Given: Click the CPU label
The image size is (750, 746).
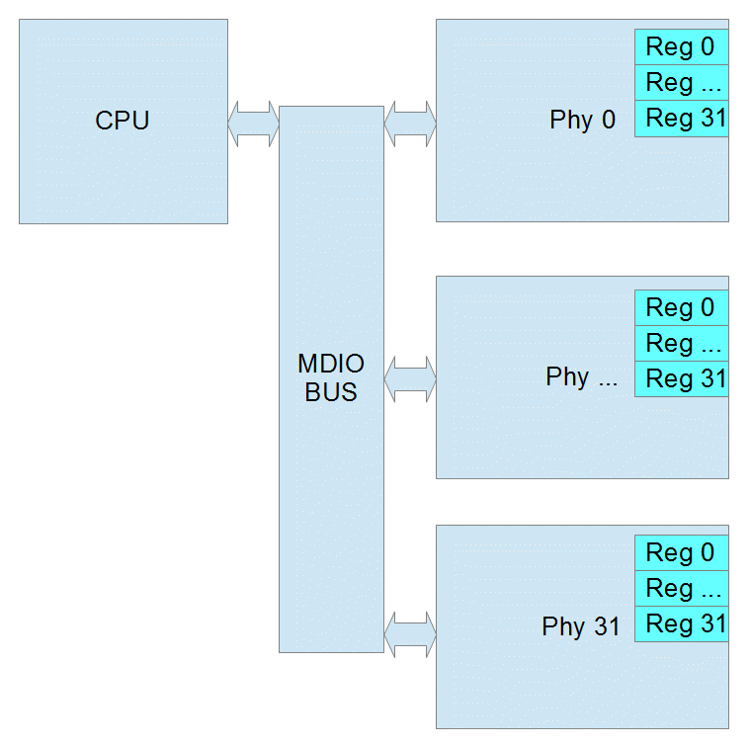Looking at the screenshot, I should pyautogui.click(x=123, y=121).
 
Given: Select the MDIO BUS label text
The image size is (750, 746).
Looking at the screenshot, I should pyautogui.click(x=331, y=377).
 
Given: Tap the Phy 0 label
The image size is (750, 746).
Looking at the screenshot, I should pyautogui.click(x=583, y=121).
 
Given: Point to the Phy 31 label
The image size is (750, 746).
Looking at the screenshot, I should pyautogui.click(x=581, y=627).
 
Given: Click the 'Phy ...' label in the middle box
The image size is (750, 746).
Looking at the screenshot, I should pyautogui.click(x=581, y=377).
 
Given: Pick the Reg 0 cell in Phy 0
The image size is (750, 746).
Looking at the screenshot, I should pyautogui.click(x=681, y=46).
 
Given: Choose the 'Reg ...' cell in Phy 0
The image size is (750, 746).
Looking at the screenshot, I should pyautogui.click(x=681, y=83).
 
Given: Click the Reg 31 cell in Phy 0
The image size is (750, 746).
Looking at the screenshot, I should pyautogui.click(x=681, y=119).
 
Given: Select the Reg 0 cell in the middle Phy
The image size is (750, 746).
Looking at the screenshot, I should pyautogui.click(x=681, y=308).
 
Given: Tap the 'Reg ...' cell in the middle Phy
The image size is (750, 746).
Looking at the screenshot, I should pyautogui.click(x=681, y=344).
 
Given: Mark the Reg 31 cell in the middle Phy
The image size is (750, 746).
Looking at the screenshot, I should pyautogui.click(x=681, y=379).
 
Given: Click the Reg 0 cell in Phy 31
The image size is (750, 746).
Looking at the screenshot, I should pyautogui.click(x=681, y=553).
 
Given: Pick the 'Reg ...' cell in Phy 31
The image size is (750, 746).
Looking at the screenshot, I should pyautogui.click(x=681, y=589).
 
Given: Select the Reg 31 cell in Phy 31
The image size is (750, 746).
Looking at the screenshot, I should pyautogui.click(x=681, y=624).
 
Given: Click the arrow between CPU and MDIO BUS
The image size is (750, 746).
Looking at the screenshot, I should pyautogui.click(x=253, y=124).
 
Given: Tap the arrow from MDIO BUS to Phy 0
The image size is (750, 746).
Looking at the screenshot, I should pyautogui.click(x=409, y=124).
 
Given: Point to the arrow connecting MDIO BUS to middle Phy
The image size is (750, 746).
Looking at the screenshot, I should pyautogui.click(x=409, y=379).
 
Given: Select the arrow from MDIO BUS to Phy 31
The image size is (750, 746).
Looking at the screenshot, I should pyautogui.click(x=409, y=634).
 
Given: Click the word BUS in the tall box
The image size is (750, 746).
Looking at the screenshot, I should pyautogui.click(x=331, y=391).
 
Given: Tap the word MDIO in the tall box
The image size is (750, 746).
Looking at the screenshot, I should pyautogui.click(x=331, y=364).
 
